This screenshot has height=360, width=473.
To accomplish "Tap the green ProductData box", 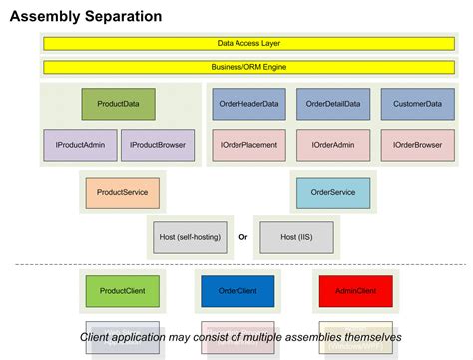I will tap(118, 104).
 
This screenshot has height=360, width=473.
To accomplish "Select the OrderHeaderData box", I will tap(248, 104).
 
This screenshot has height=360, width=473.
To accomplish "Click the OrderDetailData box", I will tap(333, 104).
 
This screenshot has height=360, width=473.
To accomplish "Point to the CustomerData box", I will tap(417, 104).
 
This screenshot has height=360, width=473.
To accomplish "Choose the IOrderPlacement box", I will tap(248, 145).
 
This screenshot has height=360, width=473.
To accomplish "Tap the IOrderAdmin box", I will tap(333, 145).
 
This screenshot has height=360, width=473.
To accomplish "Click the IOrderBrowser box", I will tap(417, 145).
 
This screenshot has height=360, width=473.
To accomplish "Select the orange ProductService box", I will tap(123, 191).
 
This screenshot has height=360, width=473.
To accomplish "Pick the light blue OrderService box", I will tap(333, 191).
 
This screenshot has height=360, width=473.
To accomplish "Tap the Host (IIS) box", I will tap(296, 237).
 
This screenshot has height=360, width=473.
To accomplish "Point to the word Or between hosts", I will tap(242, 237).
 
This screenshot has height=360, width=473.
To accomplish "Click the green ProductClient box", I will tap(123, 290).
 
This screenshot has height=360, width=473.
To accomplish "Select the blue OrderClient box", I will tap(237, 290).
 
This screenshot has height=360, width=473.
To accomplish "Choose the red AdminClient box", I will tap(355, 290).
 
